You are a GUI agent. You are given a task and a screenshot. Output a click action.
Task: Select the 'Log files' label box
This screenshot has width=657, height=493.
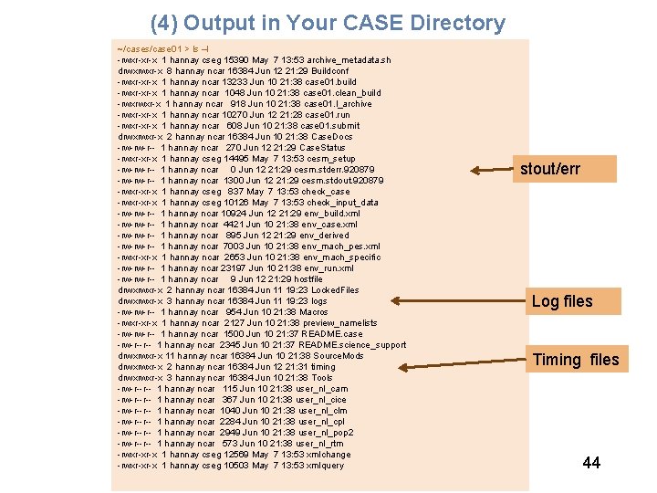[562, 301]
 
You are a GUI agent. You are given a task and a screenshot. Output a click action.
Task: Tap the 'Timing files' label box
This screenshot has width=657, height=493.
[576, 360]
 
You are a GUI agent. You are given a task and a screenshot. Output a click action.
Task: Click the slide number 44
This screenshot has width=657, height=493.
[591, 463]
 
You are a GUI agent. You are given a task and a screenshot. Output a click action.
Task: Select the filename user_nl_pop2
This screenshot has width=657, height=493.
[326, 433]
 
